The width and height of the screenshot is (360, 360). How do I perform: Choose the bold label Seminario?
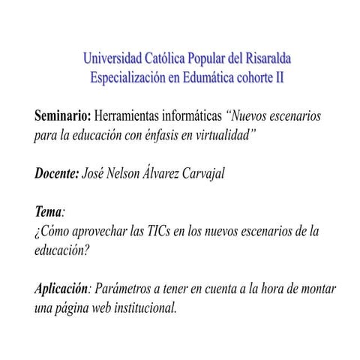point(62,118)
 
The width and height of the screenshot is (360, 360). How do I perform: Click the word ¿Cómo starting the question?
point(53,231)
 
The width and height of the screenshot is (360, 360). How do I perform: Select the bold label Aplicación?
point(62,289)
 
